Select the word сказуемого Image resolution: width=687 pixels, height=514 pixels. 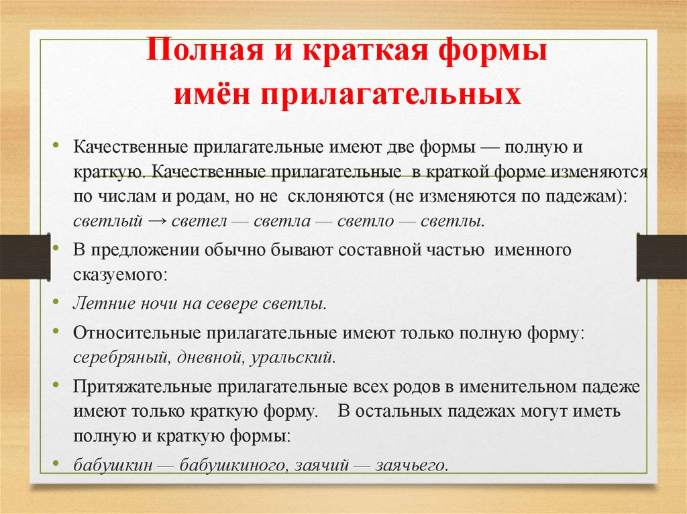[118, 275]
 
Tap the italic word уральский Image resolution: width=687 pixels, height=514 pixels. [293, 357]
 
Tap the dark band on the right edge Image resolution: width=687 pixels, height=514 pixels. [662, 257]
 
